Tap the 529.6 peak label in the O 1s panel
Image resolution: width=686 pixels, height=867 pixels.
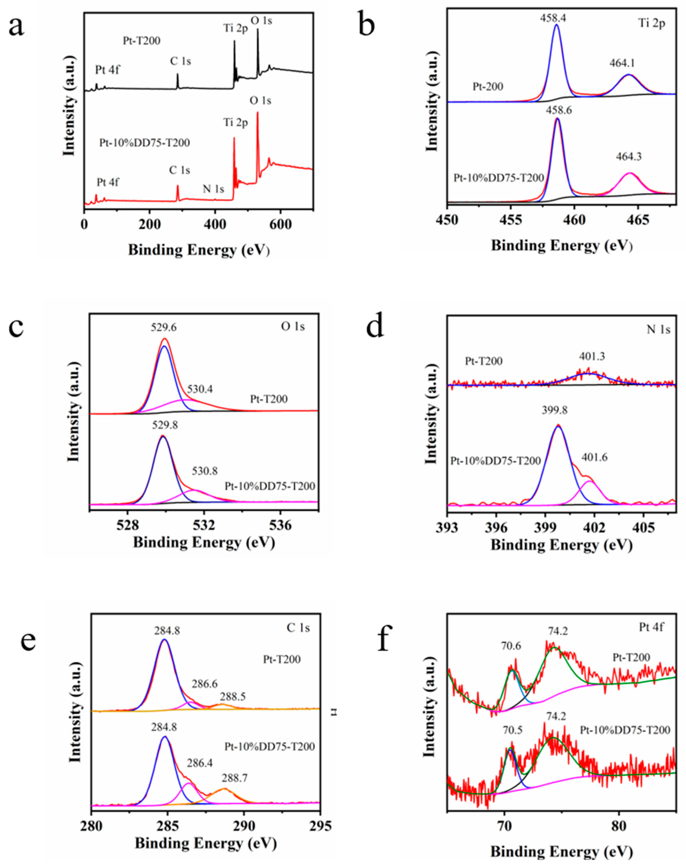163,328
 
